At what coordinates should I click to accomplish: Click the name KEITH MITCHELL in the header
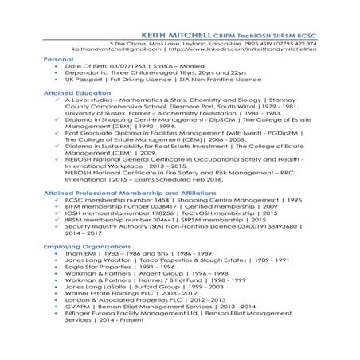click(174, 37)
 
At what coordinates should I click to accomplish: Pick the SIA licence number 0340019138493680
click(267, 229)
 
